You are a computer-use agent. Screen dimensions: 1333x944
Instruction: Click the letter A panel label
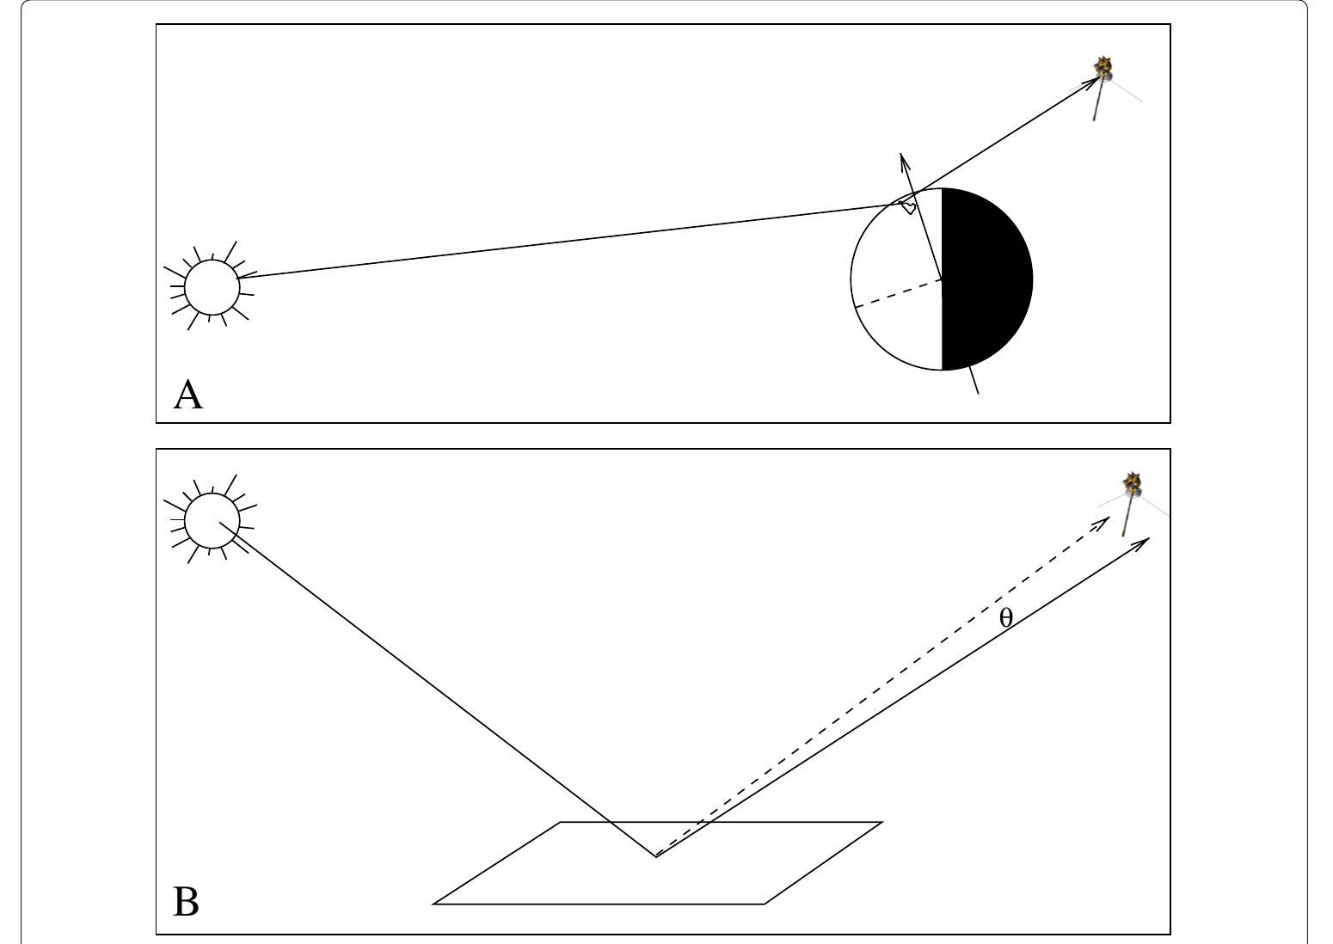tap(188, 395)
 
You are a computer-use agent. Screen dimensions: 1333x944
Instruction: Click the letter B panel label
tap(187, 903)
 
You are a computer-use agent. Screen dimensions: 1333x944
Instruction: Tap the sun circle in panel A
tap(212, 287)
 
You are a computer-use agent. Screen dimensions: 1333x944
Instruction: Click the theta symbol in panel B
tap(1006, 617)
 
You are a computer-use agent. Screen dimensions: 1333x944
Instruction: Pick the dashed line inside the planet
tap(897, 293)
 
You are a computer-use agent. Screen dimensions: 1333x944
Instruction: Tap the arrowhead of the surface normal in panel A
tap(902, 159)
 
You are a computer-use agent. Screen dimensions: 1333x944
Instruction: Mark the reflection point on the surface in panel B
tap(656, 855)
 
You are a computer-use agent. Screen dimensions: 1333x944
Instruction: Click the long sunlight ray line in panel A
tap(559, 242)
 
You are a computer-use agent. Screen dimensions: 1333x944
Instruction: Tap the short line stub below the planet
tap(974, 381)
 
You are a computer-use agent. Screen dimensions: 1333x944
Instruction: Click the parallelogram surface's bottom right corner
tap(765, 904)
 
